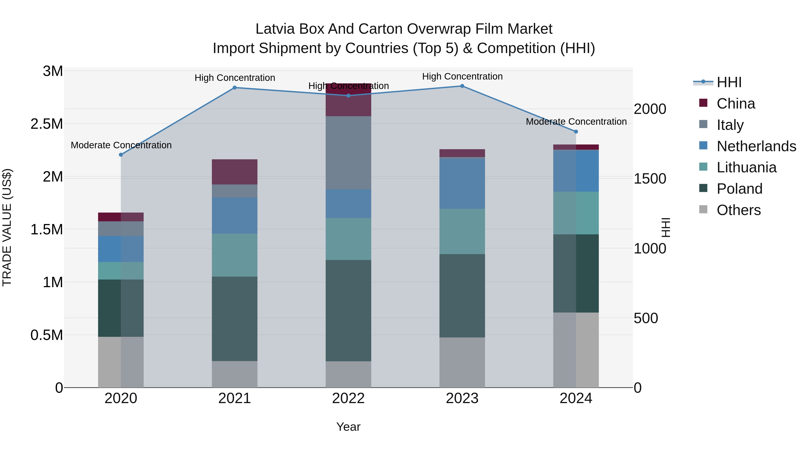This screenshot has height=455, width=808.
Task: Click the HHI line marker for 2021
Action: pos(234,88)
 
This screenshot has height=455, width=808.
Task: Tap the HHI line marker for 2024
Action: pos(576,132)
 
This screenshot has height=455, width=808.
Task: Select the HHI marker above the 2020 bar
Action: pos(121,155)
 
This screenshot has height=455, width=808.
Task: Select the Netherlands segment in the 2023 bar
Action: pos(462,183)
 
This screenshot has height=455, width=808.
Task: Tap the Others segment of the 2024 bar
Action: pos(576,350)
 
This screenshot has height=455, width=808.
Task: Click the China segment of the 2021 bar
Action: pos(234,172)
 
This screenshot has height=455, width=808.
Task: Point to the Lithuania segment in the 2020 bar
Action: pos(121,271)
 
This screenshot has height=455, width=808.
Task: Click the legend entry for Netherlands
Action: pos(756,146)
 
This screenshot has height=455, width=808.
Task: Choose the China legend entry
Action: pos(736,104)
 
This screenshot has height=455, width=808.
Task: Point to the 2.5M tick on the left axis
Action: pos(47,124)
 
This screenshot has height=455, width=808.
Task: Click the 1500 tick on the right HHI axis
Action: pos(650,179)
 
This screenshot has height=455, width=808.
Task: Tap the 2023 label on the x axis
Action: pos(462,398)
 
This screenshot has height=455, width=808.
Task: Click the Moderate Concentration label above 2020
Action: pos(121,145)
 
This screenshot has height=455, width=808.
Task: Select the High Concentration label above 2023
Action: pos(462,76)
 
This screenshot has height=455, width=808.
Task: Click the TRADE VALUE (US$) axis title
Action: pos(7,227)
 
